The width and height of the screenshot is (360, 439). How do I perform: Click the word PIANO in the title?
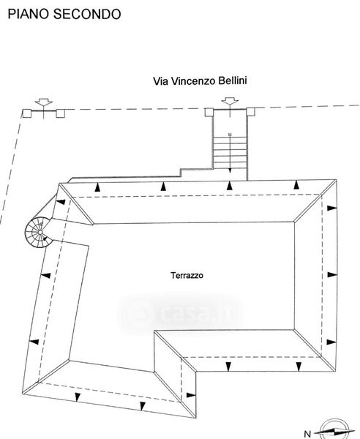(x=29, y=14)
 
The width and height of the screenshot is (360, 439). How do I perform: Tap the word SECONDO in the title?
(x=87, y=14)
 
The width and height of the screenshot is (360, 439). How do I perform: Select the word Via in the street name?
(x=160, y=81)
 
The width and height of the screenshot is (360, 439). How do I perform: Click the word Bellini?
(x=233, y=80)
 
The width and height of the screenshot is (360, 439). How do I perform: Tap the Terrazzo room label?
(x=187, y=276)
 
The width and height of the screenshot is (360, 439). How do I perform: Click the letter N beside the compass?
(x=307, y=434)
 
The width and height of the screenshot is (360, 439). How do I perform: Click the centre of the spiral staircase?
(x=40, y=232)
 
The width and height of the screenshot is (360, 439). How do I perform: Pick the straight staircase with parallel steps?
(x=230, y=153)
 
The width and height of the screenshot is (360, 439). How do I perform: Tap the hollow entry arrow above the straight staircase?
(x=230, y=101)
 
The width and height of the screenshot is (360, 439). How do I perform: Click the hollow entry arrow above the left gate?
(x=44, y=102)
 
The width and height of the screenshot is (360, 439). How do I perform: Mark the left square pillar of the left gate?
(x=27, y=113)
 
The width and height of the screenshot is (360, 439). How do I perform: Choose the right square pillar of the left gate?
(x=61, y=113)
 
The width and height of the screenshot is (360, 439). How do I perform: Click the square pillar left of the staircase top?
(x=209, y=112)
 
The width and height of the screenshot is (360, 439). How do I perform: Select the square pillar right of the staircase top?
(x=251, y=112)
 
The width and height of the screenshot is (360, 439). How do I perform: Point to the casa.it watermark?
(x=180, y=313)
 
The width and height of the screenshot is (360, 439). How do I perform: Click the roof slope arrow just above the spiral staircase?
(x=61, y=202)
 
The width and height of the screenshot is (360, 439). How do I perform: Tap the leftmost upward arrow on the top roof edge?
(x=97, y=187)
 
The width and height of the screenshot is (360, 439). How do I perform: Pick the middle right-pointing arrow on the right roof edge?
(x=332, y=274)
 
